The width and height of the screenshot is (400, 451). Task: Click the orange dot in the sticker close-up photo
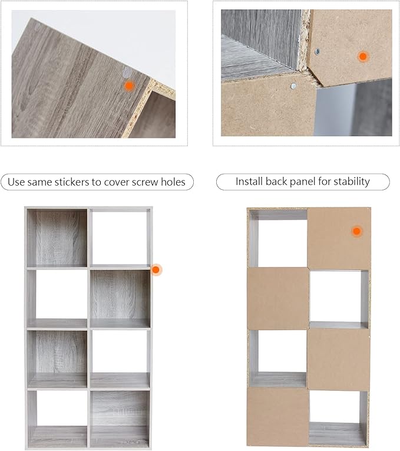(130, 85)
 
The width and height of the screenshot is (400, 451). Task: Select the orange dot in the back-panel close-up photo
(363, 57)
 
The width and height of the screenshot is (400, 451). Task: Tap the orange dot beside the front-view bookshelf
(156, 270)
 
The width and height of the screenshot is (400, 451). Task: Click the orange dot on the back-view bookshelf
(356, 231)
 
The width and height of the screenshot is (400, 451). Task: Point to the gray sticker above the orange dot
(127, 73)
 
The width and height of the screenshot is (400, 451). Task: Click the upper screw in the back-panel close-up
(318, 52)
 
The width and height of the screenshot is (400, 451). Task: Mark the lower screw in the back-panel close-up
(293, 85)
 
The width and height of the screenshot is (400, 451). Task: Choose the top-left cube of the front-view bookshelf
(57, 238)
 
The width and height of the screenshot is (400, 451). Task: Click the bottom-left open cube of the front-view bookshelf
(57, 419)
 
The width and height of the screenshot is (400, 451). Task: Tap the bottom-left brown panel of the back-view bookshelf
(277, 416)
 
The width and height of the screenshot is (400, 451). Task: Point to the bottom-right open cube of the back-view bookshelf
(339, 418)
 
